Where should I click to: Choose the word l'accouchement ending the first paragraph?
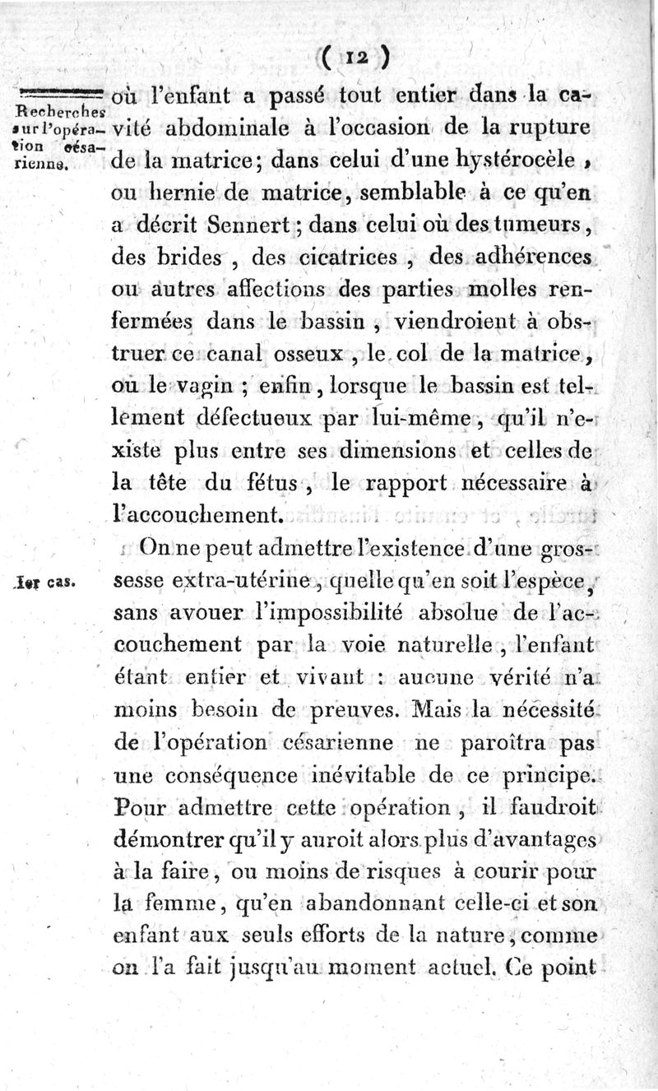197,516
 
